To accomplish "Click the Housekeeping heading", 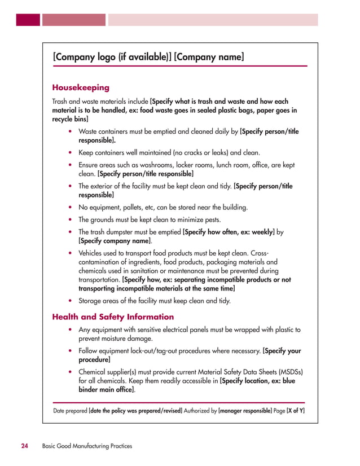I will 81,87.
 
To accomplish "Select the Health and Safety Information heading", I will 113,317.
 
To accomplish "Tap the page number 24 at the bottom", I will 25,446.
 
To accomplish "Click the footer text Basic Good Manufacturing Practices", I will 87,446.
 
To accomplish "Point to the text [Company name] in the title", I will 209,57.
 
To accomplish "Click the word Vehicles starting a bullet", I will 91,253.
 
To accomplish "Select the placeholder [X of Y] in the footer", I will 296,411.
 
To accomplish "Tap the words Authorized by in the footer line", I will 200,411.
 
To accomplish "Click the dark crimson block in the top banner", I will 28,20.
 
